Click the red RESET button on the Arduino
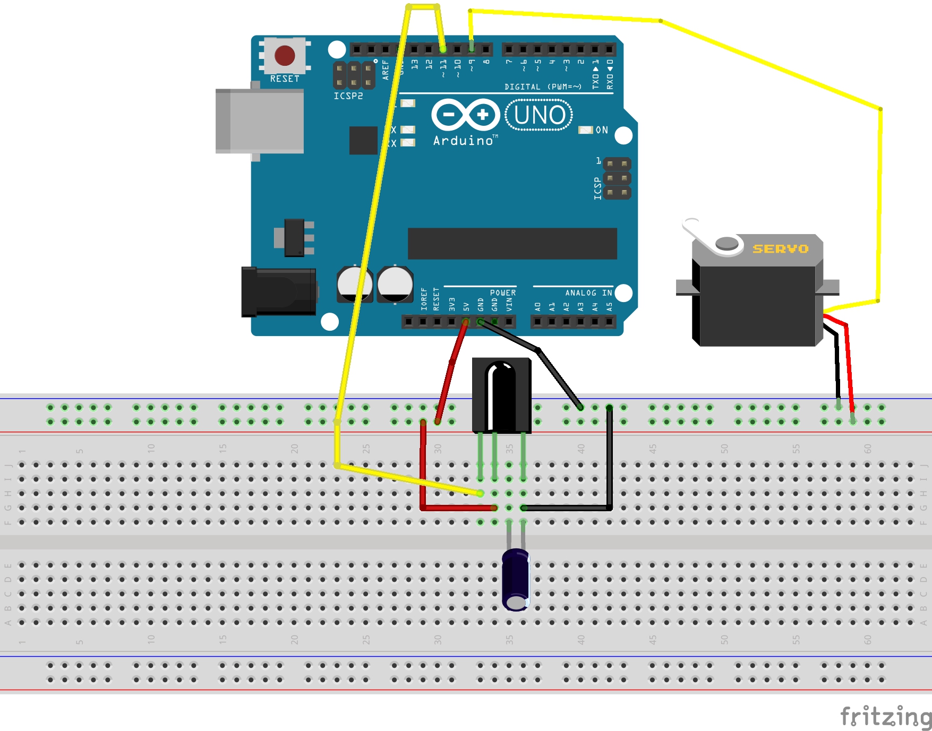point(285,55)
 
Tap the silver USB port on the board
point(260,121)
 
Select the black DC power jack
point(278,292)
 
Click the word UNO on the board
point(539,115)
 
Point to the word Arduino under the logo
point(464,141)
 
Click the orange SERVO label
point(780,248)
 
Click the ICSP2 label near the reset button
point(348,96)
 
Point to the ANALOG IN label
point(588,293)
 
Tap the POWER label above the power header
point(502,293)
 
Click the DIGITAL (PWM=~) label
point(543,87)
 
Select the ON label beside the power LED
point(602,130)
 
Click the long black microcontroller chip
point(512,244)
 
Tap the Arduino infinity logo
point(466,115)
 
